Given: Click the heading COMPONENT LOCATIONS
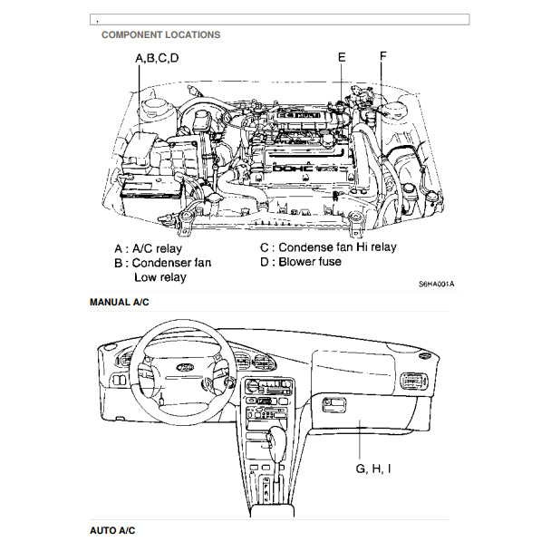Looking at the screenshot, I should (160, 35).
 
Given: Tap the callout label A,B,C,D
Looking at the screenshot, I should (157, 59).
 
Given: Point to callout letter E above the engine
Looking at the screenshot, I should (342, 57).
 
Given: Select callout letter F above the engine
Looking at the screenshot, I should (382, 55).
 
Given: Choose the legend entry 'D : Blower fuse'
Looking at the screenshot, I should (300, 262).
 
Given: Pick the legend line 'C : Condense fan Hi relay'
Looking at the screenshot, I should (327, 246).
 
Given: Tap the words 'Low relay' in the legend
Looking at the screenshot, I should (159, 277).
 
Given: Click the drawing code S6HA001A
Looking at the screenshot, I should (436, 284).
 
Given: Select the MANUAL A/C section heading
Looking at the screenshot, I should (119, 302).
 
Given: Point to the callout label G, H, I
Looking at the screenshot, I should (373, 469).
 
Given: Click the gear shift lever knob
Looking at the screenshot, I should (273, 441).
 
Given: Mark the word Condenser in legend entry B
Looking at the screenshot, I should (172, 263).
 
